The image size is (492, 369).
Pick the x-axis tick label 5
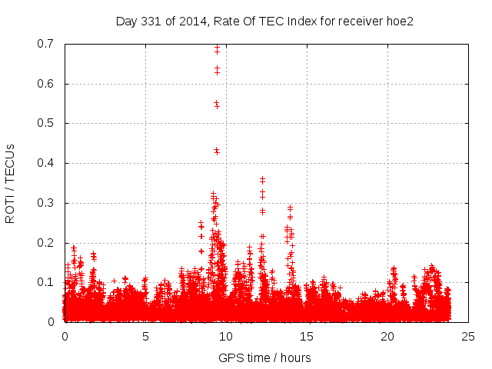pyautogui.click(x=145, y=336)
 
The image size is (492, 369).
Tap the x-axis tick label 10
pyautogui.click(x=226, y=336)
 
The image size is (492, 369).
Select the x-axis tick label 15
pyautogui.click(x=307, y=336)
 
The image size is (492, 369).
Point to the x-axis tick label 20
pyautogui.click(x=387, y=336)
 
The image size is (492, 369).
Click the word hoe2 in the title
pyautogui.click(x=400, y=21)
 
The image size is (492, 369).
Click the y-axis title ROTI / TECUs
pyautogui.click(x=11, y=183)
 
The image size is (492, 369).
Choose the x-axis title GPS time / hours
pyautogui.click(x=264, y=357)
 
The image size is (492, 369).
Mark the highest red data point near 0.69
pyautogui.click(x=217, y=48)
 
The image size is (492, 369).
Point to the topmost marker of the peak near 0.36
pyautogui.click(x=262, y=179)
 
